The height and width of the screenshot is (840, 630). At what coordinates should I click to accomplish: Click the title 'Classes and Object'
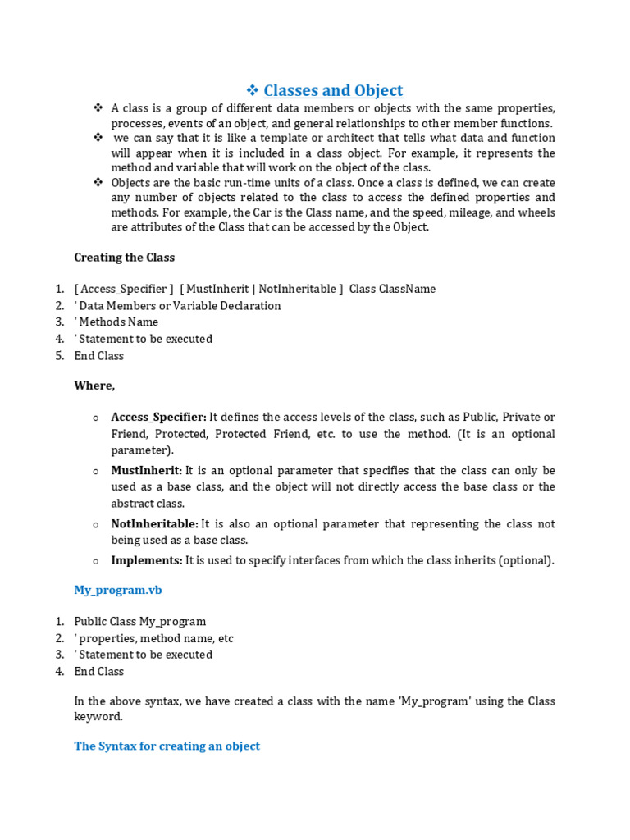pos(333,90)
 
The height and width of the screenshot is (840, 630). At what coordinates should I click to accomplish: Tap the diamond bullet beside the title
pos(253,90)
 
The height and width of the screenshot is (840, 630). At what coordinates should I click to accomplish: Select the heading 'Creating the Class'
pos(124,258)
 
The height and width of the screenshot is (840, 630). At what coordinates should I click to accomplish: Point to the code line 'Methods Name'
pos(118,322)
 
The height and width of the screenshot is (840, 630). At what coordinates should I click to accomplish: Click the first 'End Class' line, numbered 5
pos(98,356)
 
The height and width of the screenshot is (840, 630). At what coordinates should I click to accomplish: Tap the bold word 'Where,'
pos(94,386)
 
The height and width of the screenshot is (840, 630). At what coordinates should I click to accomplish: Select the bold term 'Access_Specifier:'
pos(158,417)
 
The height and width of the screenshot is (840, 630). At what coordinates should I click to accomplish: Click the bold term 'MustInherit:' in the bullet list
pos(147,471)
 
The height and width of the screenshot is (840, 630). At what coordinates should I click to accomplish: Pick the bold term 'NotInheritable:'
pos(154,524)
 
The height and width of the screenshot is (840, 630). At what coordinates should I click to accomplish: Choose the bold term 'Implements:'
pos(147,561)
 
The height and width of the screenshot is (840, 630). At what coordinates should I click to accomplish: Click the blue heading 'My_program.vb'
pos(112,591)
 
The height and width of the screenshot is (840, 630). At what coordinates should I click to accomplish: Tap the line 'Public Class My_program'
pos(139,622)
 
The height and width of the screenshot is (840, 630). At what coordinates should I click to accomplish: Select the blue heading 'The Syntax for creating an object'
pos(167,746)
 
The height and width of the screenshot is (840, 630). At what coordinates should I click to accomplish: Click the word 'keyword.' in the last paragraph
pos(98,717)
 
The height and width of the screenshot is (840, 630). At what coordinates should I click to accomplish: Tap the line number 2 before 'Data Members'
pos(59,306)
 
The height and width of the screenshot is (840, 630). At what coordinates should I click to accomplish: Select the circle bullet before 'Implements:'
pos(96,561)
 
